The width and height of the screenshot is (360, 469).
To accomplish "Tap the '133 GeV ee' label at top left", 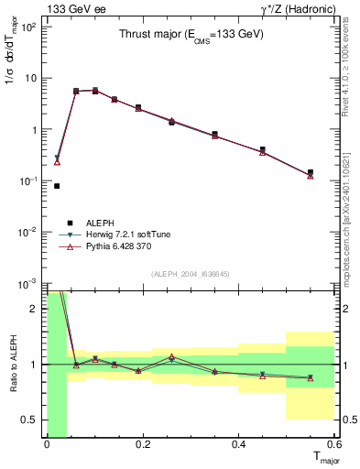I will click(71, 8).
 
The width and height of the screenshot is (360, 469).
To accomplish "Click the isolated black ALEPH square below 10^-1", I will click(57, 186).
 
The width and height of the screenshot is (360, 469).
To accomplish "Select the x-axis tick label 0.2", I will click(142, 446).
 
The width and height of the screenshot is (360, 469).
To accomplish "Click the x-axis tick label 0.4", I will click(238, 446).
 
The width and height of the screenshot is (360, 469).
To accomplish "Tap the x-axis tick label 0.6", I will click(333, 446).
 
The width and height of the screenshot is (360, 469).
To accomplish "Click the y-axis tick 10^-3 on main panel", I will click(27, 283).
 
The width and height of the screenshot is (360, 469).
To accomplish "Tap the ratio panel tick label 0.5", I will click(30, 420).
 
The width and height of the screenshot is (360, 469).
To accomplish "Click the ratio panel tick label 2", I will click(36, 309).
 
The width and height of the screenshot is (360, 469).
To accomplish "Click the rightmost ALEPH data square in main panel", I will click(311, 172).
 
